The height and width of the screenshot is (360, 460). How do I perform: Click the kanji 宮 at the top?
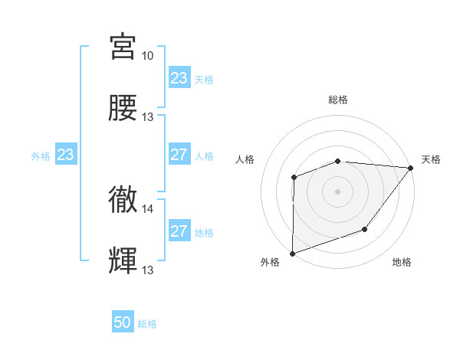[123, 47]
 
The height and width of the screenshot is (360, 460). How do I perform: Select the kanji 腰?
[123, 108]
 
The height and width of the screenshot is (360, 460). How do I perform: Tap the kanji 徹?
[123, 200]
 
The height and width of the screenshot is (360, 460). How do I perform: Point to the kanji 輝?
[123, 261]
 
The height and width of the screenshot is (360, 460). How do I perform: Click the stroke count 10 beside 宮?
[148, 56]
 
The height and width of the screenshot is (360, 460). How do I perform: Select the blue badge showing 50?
[123, 323]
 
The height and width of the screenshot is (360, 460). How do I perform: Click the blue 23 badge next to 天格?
[179, 78]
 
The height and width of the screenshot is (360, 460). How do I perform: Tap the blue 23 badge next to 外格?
[66, 155]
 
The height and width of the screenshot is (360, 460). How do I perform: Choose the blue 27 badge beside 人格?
[179, 155]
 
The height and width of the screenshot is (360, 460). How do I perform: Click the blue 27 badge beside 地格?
[179, 232]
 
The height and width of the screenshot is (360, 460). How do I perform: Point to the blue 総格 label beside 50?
[147, 324]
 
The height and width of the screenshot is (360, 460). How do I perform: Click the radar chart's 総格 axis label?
[338, 100]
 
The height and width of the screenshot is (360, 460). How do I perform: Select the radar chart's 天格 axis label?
[431, 159]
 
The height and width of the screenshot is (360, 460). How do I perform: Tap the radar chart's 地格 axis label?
[402, 262]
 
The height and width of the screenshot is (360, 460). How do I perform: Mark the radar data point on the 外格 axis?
[293, 253]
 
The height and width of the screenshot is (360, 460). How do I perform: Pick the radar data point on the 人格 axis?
[294, 178]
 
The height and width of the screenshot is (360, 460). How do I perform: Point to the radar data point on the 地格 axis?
[366, 229]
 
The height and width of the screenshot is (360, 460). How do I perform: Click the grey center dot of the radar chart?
[338, 191]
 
